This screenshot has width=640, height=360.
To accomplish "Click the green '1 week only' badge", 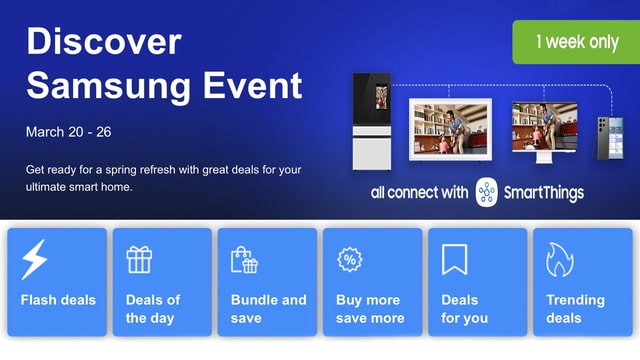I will [575, 42].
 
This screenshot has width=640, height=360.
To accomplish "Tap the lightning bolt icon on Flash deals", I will [34, 260].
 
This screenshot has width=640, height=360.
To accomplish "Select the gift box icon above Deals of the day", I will [139, 260].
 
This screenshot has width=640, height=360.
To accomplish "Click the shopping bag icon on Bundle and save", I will [244, 260].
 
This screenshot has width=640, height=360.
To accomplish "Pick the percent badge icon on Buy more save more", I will [350, 260].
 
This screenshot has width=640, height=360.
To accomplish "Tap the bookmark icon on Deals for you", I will [455, 260].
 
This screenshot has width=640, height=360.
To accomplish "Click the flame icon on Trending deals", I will [559, 260].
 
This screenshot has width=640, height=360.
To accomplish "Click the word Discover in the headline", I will [104, 41].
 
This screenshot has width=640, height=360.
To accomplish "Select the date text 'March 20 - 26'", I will [68, 132].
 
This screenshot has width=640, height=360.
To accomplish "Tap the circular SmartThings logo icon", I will [487, 192].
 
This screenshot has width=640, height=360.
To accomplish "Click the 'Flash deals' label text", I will [58, 300].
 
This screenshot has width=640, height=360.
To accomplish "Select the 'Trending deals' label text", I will [576, 309].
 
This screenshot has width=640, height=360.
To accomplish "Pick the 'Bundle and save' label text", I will [268, 309].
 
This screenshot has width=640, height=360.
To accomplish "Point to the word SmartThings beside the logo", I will [544, 192].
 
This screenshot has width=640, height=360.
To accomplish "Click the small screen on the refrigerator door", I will [381, 97].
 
